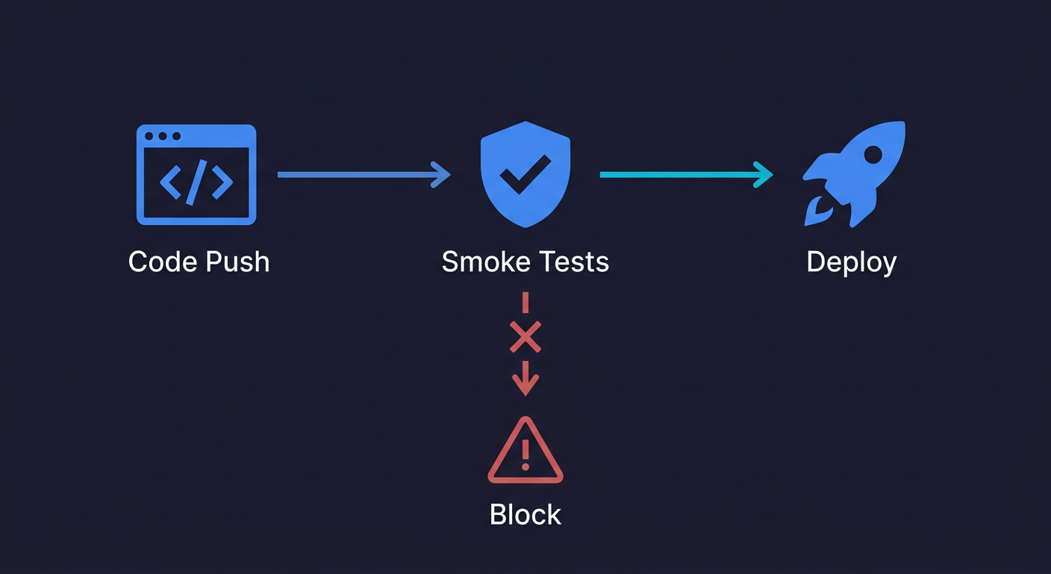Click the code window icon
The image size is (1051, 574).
[196, 174]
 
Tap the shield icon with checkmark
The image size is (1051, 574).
[525, 173]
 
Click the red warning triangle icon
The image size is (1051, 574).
[525, 451]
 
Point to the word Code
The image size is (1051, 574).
[158, 262]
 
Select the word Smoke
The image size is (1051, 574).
[485, 262]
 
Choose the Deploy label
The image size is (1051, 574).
[852, 263]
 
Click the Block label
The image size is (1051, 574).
[525, 515]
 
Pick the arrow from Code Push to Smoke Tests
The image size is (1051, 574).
[364, 175]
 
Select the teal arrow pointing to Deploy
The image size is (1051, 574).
[686, 174]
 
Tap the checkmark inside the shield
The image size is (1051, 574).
[525, 173]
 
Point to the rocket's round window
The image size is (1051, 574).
[872, 155]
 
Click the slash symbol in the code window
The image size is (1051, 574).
[196, 183]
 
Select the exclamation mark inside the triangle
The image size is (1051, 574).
[525, 454]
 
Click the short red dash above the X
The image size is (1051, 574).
[525, 302]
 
